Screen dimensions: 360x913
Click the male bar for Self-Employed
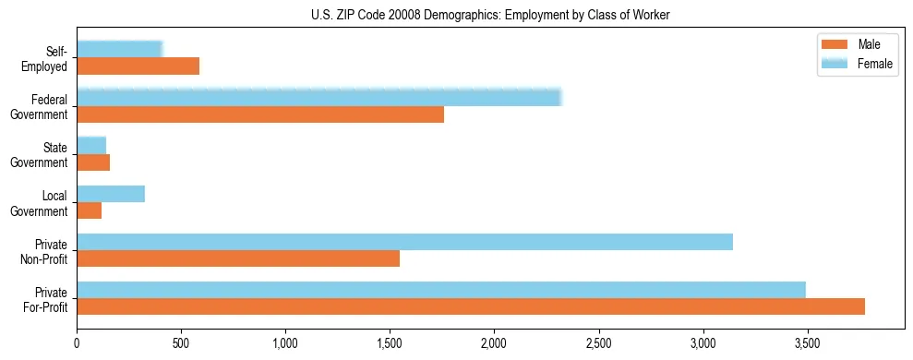(138, 66)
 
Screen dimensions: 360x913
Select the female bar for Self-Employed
(120, 49)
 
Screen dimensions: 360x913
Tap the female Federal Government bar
(318, 97)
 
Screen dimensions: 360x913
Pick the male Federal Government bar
(260, 114)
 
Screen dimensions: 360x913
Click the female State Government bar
(91, 145)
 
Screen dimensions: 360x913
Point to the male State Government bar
(93, 162)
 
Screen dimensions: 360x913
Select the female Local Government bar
(111, 194)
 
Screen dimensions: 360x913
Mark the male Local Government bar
(90, 210)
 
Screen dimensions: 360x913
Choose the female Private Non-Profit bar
(404, 242)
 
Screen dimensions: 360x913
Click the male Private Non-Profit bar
(238, 258)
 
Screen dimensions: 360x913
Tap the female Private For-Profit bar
(441, 290)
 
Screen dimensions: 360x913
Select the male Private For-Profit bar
(471, 306)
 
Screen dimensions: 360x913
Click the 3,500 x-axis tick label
(808, 343)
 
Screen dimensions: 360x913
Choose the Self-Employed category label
(48, 58)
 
